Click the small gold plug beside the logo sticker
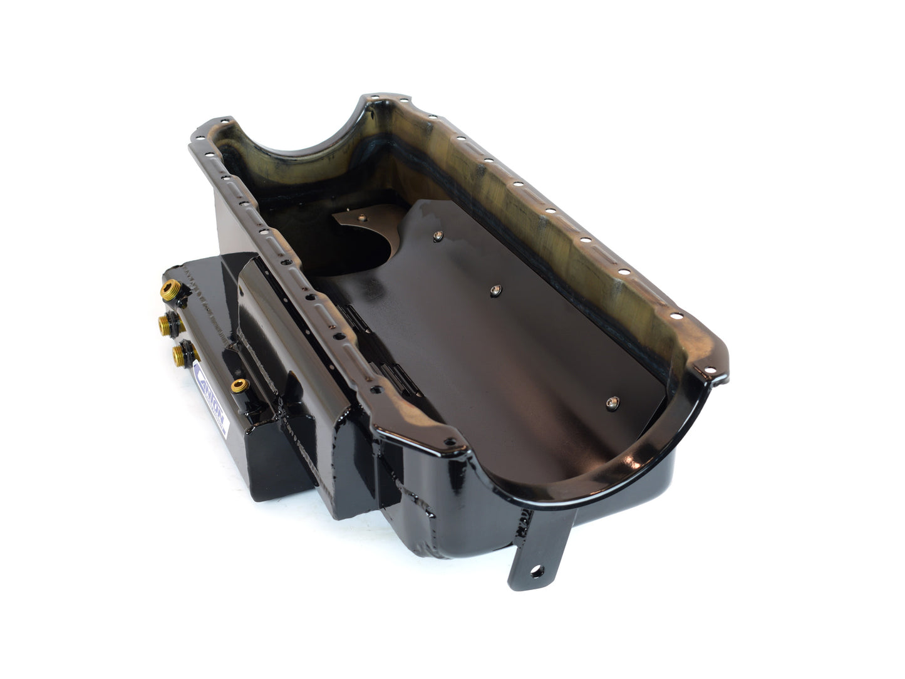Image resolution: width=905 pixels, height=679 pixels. click(x=239, y=386)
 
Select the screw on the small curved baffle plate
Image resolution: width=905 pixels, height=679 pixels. click(x=361, y=217)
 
